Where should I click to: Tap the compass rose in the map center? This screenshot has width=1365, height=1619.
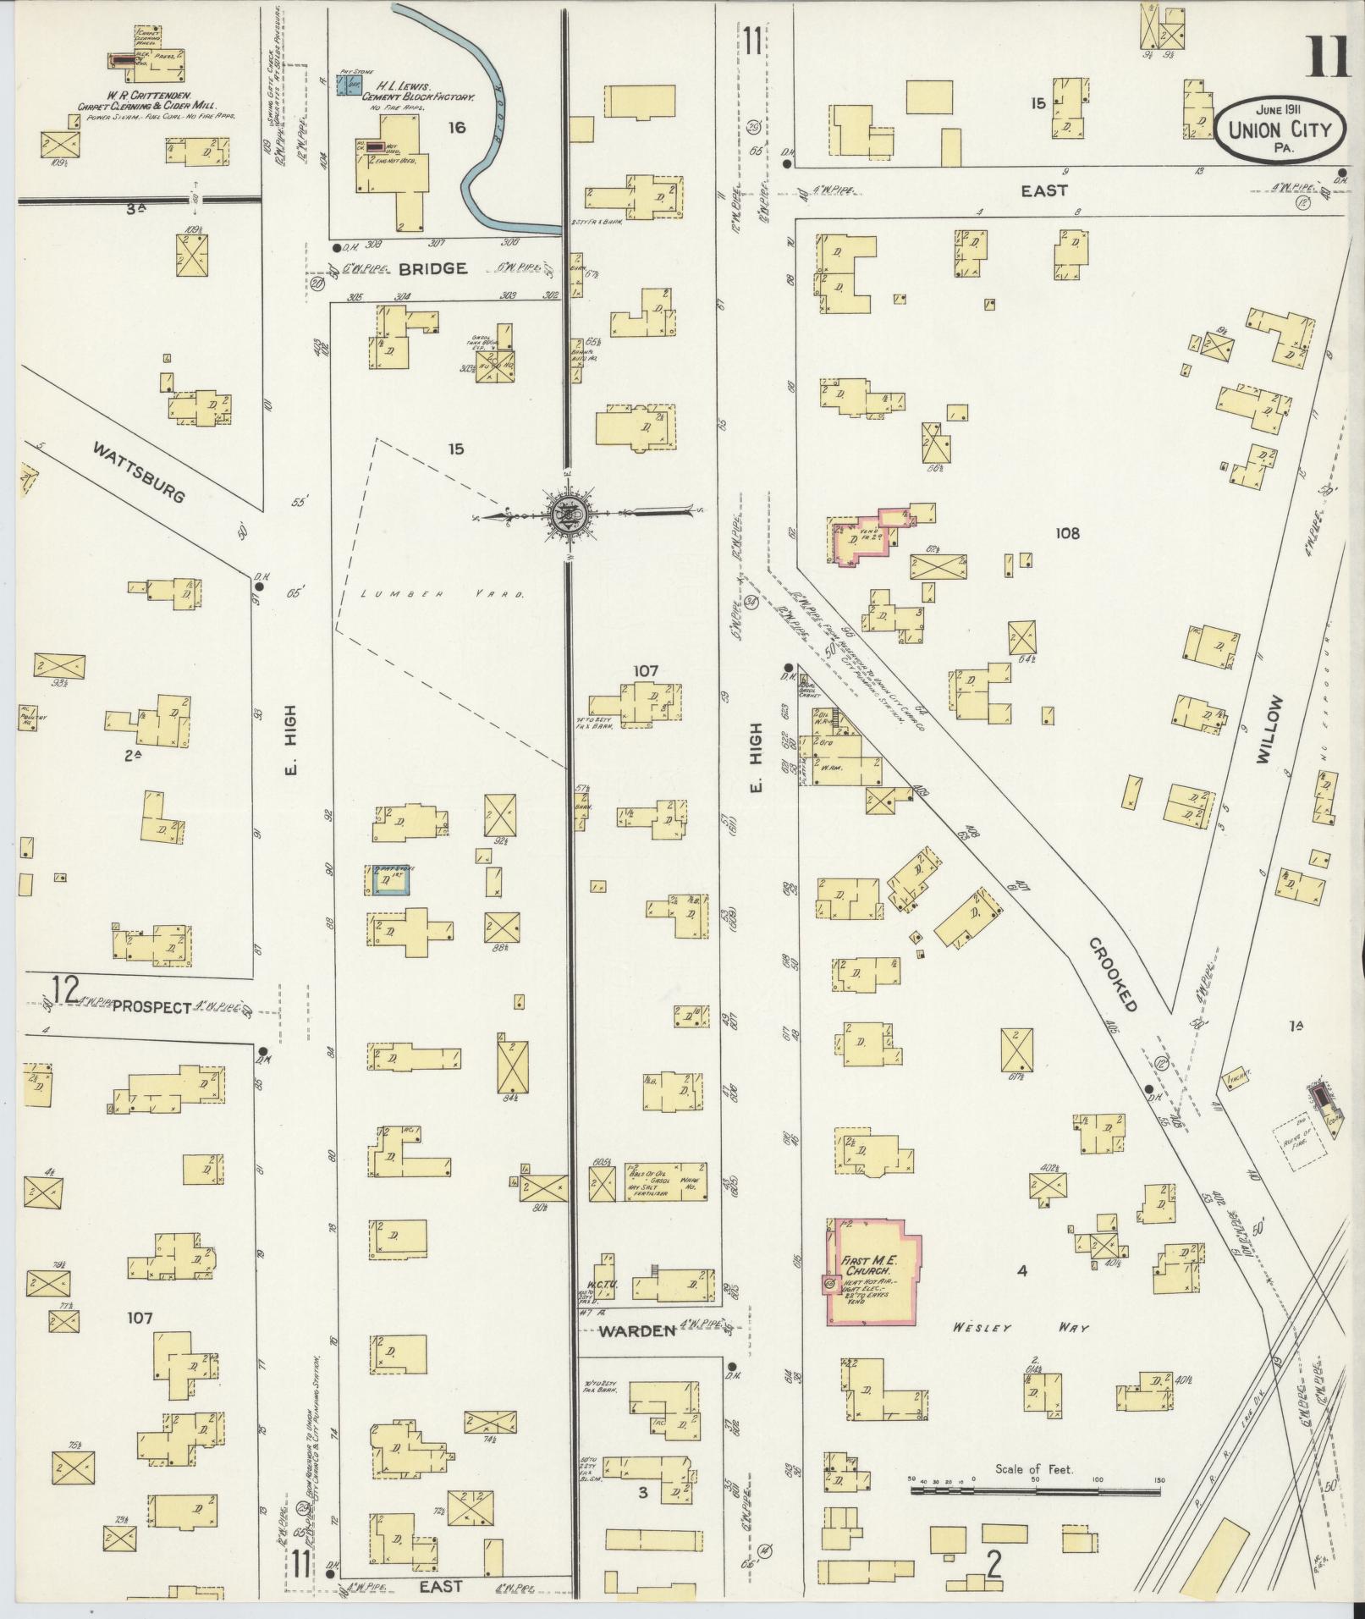(x=565, y=513)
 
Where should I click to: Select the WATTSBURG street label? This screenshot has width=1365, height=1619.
(x=139, y=471)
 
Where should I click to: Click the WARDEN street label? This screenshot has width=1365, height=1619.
(x=637, y=1330)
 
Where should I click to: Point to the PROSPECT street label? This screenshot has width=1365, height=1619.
(x=152, y=1006)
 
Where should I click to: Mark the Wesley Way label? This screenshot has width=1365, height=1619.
(x=1019, y=1328)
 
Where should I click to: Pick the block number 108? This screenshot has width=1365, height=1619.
(x=1067, y=533)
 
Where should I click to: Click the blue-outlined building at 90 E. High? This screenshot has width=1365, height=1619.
(x=390, y=879)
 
